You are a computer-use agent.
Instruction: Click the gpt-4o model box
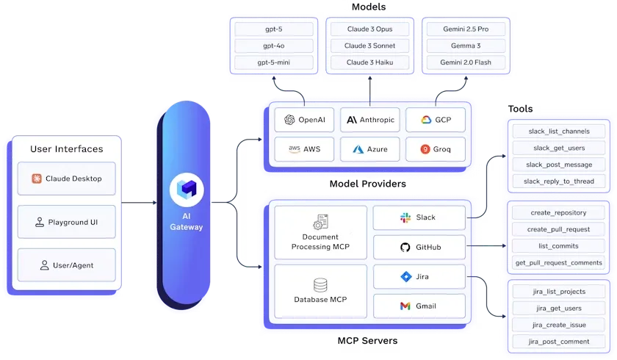point(274,46)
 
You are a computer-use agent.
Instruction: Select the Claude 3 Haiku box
point(370,62)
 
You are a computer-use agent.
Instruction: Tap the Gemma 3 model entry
point(466,46)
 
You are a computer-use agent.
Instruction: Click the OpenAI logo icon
point(289,120)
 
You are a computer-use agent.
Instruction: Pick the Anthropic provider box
point(370,120)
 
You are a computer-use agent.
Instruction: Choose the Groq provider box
point(436,149)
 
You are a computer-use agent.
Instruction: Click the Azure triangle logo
point(358,149)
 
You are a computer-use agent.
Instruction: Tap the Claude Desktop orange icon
point(37,179)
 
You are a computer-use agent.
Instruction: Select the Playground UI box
point(67,222)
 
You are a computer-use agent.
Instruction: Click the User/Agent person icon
point(45,265)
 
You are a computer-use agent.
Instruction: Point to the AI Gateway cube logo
point(187,189)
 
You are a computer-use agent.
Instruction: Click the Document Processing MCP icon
point(320,222)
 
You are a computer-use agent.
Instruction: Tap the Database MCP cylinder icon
point(320,285)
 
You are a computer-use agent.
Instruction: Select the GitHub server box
point(419,247)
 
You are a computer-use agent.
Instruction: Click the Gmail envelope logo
point(405,306)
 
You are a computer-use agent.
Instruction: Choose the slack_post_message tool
point(559,165)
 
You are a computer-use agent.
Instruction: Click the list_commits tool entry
point(558,246)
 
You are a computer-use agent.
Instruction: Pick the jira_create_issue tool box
point(559,325)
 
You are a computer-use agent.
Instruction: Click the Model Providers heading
point(368,184)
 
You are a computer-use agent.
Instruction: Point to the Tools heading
point(520,109)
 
